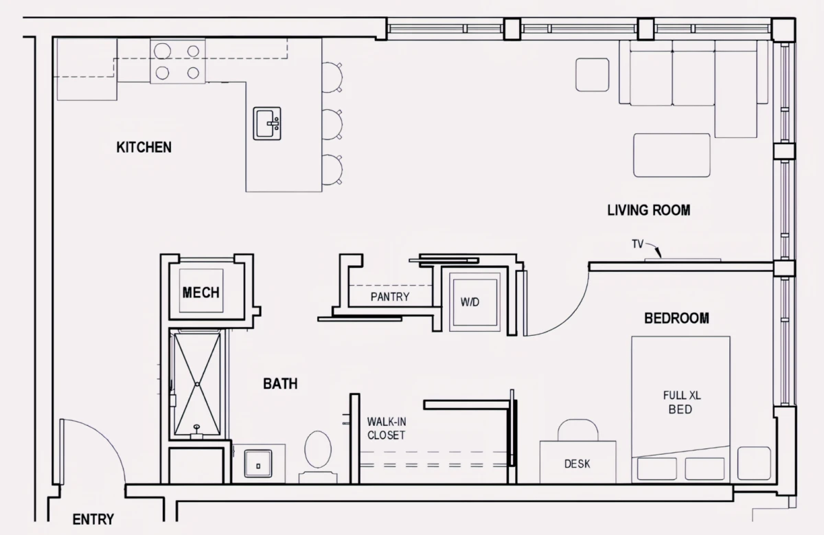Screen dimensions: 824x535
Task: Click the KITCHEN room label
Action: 144,147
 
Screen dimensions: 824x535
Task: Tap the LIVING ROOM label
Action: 648,210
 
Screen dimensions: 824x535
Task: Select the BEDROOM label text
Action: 676,318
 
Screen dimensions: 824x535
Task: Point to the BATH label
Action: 280,384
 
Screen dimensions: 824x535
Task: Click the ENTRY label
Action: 93,519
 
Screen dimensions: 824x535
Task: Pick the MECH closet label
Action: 201,293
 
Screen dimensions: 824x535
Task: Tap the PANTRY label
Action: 390,297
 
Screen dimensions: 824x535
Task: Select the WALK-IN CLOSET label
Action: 386,429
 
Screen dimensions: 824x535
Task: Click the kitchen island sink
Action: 267,124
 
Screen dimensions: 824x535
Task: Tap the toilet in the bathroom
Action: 318,457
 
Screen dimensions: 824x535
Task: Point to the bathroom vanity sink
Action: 258,464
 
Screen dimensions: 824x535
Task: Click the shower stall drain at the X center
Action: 198,384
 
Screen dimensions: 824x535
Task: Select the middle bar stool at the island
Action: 332,124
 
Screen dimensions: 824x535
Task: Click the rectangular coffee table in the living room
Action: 672,155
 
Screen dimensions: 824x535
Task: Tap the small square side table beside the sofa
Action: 592,75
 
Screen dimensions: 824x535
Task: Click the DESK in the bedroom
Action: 578,462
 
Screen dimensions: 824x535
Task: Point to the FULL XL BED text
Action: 682,402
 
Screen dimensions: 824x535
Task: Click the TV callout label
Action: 638,244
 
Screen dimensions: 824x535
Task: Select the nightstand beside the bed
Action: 754,464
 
